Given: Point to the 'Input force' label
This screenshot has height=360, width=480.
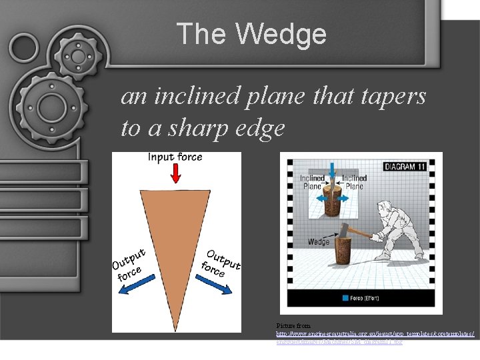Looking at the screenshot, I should (175, 157).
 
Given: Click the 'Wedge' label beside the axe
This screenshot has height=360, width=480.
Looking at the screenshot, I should (318, 241).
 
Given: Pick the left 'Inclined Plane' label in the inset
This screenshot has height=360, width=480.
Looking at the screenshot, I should (312, 182).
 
